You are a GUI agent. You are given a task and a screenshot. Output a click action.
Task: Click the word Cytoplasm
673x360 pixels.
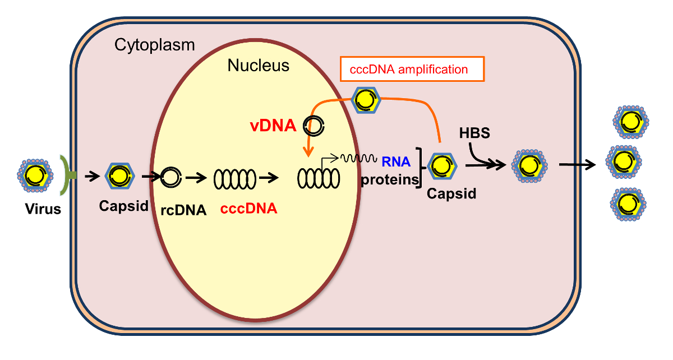[154, 45]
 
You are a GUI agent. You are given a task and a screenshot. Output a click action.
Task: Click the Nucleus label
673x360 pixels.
[258, 66]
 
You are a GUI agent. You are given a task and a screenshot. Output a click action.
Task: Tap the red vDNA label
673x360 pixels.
[274, 126]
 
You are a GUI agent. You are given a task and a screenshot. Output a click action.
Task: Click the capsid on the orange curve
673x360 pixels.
[366, 100]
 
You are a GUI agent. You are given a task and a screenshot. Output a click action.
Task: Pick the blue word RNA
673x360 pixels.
[396, 162]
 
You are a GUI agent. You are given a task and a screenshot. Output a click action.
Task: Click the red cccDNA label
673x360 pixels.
[248, 209]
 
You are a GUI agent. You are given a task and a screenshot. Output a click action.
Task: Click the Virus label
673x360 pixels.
[43, 210]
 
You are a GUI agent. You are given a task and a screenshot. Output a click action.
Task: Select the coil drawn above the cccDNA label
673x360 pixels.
[234, 178]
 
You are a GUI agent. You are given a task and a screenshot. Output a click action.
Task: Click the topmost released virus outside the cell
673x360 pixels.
[631, 121]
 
